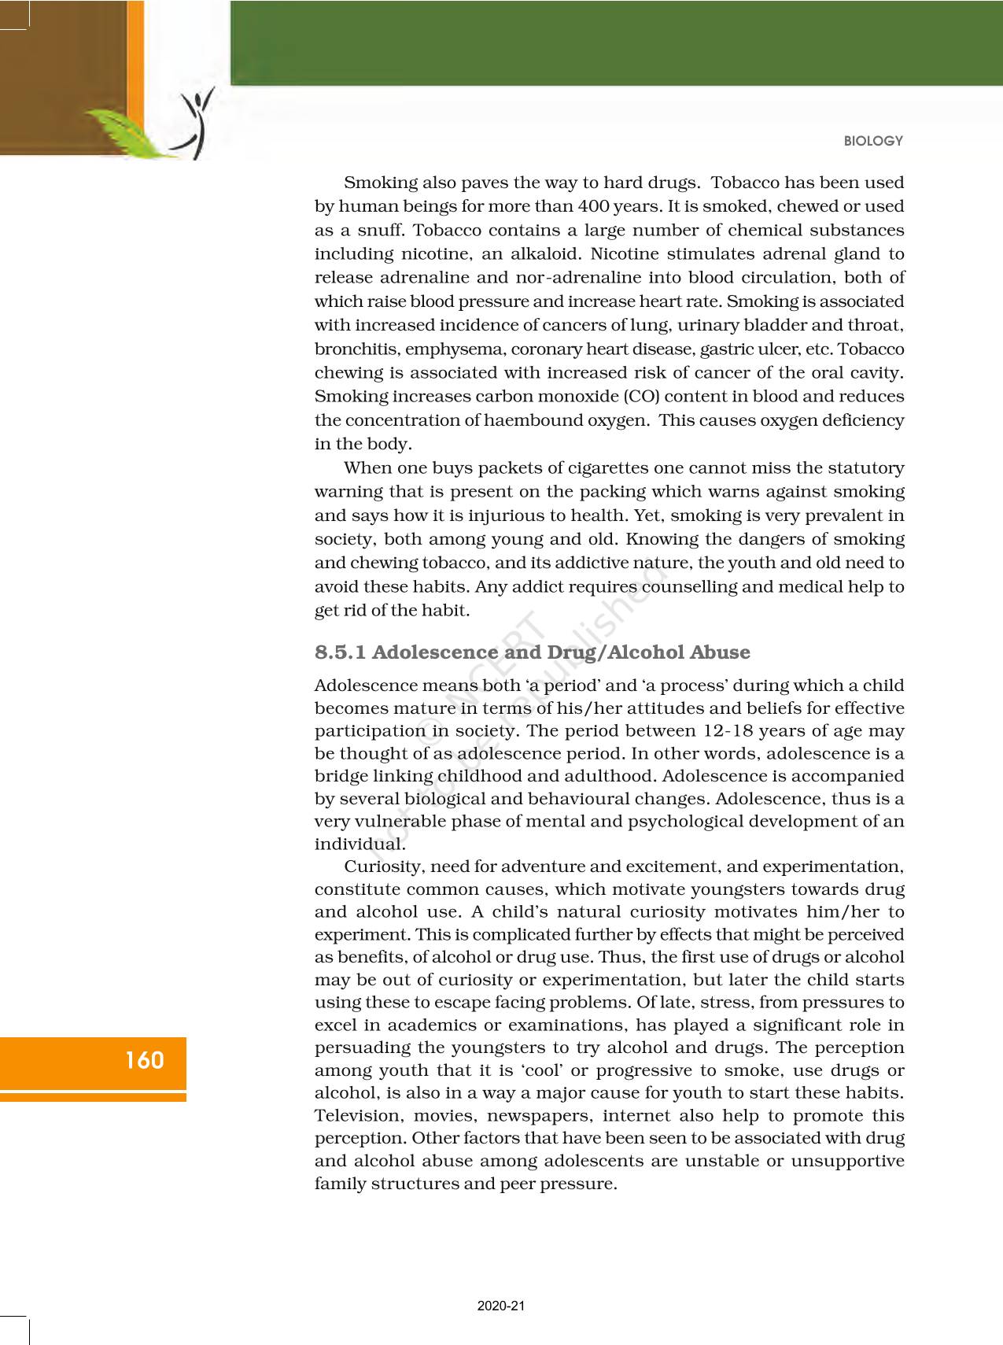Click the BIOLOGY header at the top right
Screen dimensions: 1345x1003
coord(873,141)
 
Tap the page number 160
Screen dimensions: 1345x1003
coord(144,1060)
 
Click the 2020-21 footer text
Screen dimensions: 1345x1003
coord(500,1306)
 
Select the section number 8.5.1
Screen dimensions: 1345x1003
coord(340,652)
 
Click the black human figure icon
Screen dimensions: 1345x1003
coord(198,122)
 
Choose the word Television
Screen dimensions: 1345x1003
coord(354,1116)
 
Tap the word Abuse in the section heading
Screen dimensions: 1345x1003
coord(720,652)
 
